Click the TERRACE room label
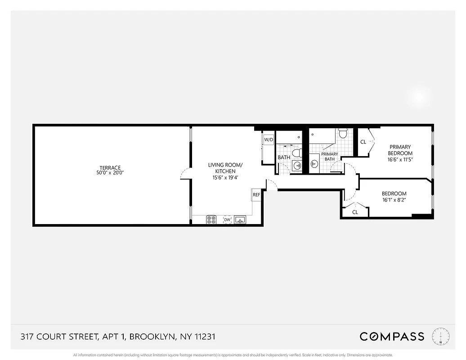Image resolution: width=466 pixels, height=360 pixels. pyautogui.click(x=110, y=168)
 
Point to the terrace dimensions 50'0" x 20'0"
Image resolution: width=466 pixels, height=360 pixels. pyautogui.click(x=110, y=173)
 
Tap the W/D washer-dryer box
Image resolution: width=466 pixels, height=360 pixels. pyautogui.click(x=269, y=139)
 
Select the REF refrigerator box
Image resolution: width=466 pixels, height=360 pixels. pyautogui.click(x=256, y=195)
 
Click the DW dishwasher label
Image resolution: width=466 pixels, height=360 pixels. pyautogui.click(x=227, y=220)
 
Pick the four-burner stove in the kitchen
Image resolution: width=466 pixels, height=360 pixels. pyautogui.click(x=211, y=220)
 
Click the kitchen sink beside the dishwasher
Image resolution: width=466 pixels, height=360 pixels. pyautogui.click(x=240, y=220)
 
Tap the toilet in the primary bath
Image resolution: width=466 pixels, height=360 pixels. pyautogui.click(x=343, y=133)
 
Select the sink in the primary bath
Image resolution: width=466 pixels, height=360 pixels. pyautogui.click(x=314, y=163)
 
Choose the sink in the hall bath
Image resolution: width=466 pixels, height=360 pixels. pyautogui.click(x=297, y=166)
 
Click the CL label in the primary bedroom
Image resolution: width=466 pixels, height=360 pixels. pyautogui.click(x=363, y=142)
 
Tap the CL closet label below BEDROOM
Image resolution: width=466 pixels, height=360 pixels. pyautogui.click(x=355, y=212)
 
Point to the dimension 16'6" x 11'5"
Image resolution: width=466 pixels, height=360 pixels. pyautogui.click(x=400, y=159)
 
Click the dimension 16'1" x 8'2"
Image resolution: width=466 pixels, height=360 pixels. pyautogui.click(x=394, y=201)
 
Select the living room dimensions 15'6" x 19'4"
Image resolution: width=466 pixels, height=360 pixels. pyautogui.click(x=225, y=178)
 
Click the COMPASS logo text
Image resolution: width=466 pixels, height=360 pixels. pyautogui.click(x=391, y=336)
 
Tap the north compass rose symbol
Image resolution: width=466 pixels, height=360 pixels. pyautogui.click(x=441, y=337)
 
